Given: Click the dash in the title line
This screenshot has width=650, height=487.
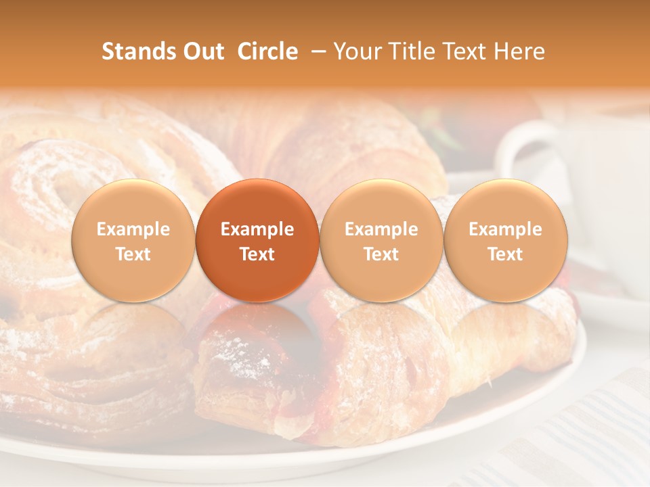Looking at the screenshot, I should coord(316,52).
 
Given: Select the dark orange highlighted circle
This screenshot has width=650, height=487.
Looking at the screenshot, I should coord(257,240).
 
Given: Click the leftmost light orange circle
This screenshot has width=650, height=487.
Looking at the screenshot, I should coord(133,240).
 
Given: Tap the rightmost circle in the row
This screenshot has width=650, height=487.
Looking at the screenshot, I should coord(505,240).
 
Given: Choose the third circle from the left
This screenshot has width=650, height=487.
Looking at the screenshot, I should coord(381,240).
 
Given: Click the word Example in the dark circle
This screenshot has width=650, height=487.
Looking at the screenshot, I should coord(257,229).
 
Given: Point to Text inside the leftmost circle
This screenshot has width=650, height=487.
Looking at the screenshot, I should coord(133,254).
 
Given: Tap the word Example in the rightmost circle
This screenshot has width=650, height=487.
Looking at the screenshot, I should coord(505,229).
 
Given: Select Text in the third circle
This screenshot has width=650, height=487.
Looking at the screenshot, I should coord(381,254).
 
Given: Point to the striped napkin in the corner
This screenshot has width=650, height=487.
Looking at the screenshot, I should coord(596,433).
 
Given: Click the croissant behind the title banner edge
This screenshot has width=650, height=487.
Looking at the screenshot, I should coord(352,142).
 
